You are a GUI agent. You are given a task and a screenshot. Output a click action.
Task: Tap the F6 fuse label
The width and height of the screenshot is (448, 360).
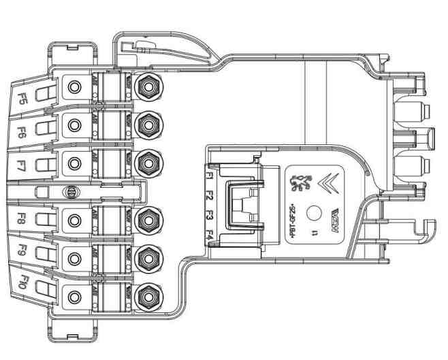(x=22, y=129)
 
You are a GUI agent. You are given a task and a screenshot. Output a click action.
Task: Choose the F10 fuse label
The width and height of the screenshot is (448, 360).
(x=22, y=280)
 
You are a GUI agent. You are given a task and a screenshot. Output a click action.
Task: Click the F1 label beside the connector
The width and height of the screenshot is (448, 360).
(x=211, y=176)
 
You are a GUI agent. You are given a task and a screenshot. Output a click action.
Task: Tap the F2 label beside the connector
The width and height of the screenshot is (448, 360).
(x=211, y=195)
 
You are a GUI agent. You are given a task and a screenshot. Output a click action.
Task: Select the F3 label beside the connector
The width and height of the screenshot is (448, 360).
(x=211, y=216)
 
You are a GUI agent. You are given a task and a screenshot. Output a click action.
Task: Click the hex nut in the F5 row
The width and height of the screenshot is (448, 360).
(x=145, y=86)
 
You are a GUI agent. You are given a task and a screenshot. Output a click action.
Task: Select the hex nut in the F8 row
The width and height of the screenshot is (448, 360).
(x=145, y=219)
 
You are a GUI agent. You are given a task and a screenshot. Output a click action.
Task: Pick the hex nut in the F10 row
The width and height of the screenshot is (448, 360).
(x=145, y=296)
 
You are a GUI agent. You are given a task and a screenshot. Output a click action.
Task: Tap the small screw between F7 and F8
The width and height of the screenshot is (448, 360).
(x=68, y=191)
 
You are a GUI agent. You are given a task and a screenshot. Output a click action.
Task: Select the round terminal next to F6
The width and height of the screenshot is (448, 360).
(x=74, y=125)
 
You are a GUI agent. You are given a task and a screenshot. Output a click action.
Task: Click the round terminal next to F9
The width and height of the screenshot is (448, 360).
(x=74, y=259)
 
